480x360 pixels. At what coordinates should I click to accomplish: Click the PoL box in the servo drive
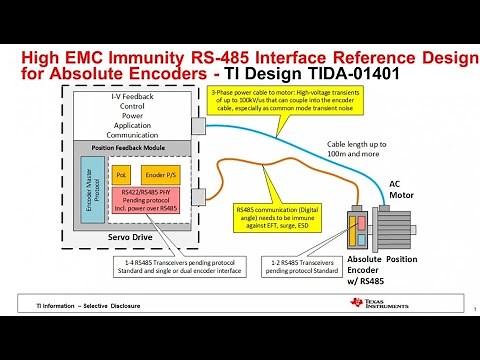(122, 175)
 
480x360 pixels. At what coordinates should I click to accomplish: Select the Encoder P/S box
(160, 175)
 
